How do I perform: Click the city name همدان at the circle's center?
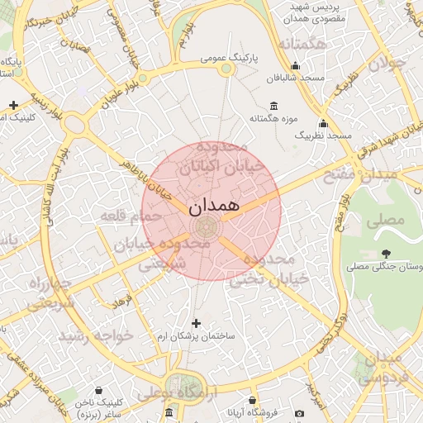point(211,206)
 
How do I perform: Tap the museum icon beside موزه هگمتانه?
point(274,106)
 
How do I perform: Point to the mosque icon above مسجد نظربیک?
point(323,123)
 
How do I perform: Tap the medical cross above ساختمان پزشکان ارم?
point(196,323)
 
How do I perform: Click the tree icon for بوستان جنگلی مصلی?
point(386,254)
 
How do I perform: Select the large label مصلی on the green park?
point(390,220)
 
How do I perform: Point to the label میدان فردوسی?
point(387,368)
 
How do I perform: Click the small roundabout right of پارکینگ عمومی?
point(226,71)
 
